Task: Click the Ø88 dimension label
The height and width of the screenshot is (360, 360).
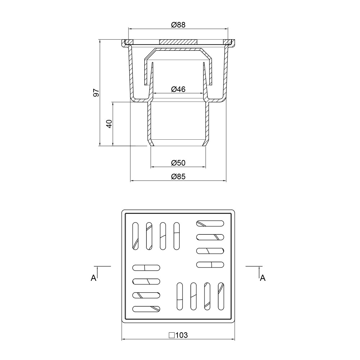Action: (x=178, y=24)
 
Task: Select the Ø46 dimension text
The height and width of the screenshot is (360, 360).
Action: (x=178, y=89)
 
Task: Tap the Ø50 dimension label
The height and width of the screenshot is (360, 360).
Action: (x=178, y=163)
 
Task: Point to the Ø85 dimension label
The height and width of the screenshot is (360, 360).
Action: (x=178, y=176)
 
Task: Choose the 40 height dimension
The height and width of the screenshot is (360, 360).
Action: (x=109, y=124)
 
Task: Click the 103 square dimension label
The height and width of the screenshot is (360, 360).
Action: (x=181, y=335)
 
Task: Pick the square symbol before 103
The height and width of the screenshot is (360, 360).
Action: (x=172, y=335)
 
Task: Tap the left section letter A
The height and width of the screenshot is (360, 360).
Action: (x=94, y=278)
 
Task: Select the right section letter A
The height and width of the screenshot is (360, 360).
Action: (x=263, y=278)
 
